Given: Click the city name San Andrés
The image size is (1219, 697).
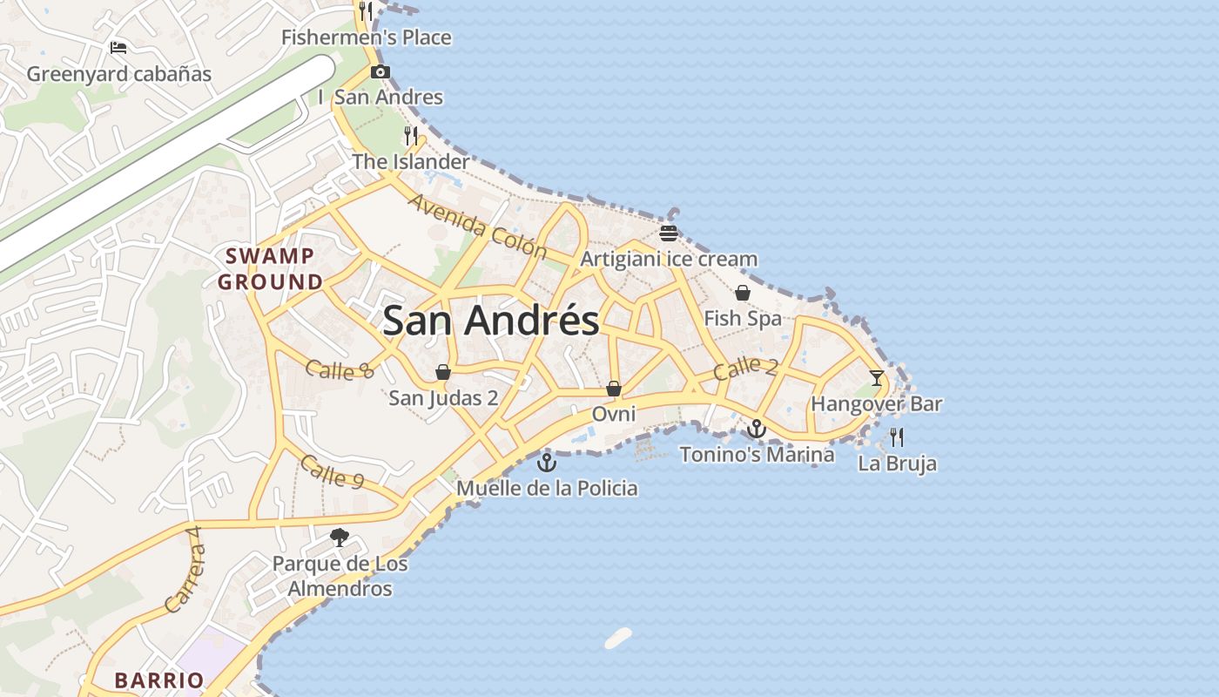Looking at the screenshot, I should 490,321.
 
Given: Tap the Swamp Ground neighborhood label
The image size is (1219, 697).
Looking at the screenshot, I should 270,269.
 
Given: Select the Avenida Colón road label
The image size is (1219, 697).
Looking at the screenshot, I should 477,227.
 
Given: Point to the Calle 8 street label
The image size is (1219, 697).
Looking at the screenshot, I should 340,369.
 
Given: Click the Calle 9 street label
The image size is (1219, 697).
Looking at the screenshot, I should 332,470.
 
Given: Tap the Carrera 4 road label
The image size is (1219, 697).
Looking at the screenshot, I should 185,578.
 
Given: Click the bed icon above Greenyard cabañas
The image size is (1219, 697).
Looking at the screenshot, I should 118,47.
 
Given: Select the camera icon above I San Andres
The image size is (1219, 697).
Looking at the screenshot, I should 380,71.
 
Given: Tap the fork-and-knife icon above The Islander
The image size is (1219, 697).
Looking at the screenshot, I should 411,135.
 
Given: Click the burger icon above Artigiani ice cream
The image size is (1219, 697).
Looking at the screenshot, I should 669,233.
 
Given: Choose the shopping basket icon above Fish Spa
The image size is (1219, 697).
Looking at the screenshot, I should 743,293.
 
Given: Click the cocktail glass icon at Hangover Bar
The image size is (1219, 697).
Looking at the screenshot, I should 876,378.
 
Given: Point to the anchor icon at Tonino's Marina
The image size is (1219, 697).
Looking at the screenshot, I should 757,429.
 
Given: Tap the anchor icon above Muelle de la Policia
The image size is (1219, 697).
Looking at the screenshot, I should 547,462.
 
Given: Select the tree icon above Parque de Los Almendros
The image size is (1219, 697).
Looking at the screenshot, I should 340,538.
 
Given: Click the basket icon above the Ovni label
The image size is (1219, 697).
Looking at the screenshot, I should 614,389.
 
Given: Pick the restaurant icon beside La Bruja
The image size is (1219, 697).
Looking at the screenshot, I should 897,436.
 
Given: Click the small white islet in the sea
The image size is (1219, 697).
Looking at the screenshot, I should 618,638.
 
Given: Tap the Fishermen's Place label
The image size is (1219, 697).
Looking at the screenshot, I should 367,37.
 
